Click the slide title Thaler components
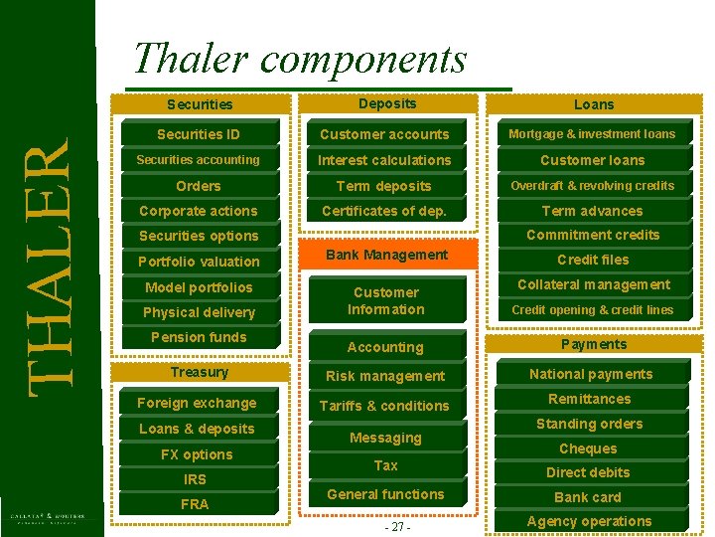click(299, 60)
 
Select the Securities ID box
click(199, 134)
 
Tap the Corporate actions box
click(199, 211)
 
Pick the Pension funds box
click(199, 337)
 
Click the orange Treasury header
click(199, 372)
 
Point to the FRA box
click(195, 504)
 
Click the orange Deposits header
click(387, 103)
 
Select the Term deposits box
click(384, 186)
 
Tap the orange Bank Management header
click(386, 256)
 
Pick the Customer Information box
click(385, 300)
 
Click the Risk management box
click(385, 376)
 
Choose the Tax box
click(385, 465)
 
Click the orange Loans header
click(594, 104)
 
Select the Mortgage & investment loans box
click(592, 134)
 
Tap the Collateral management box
click(593, 284)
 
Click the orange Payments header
click(594, 344)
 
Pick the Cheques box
click(589, 448)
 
